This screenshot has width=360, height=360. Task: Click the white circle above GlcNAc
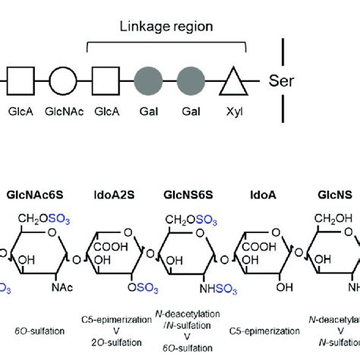pos(63,79)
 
